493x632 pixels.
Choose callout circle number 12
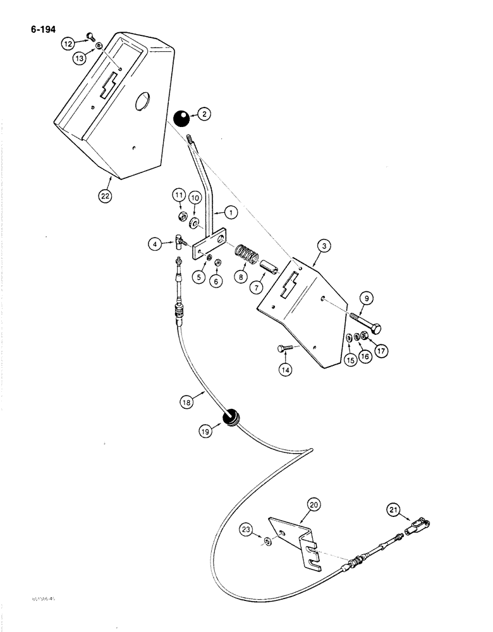pyautogui.click(x=68, y=44)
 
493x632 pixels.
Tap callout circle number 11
pyautogui.click(x=179, y=197)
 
